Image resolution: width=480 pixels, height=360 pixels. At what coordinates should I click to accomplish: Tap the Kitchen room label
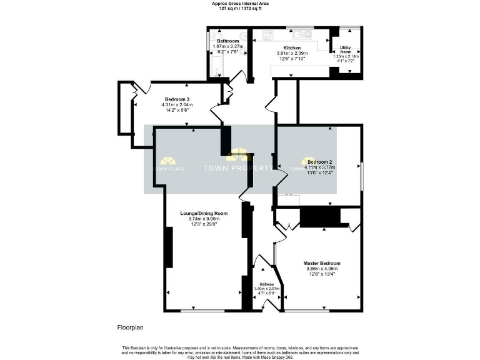tap(292, 47)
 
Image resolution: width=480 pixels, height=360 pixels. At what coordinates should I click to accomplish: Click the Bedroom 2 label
tap(321, 161)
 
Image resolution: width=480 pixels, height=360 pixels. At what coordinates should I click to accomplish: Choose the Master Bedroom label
tap(322, 263)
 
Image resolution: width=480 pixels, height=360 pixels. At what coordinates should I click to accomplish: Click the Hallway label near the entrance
tap(267, 284)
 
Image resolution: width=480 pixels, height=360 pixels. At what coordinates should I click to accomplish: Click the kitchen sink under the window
tap(304, 34)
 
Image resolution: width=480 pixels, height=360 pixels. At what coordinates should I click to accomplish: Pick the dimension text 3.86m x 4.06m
tap(322, 269)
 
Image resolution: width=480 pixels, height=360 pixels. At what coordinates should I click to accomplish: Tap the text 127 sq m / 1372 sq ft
tap(239, 9)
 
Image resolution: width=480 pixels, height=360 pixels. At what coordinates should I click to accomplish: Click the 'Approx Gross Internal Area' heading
tap(239, 4)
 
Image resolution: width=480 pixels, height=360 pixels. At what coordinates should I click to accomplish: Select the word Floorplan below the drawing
tap(130, 327)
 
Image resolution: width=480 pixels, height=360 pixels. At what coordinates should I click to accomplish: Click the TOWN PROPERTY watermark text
tap(238, 168)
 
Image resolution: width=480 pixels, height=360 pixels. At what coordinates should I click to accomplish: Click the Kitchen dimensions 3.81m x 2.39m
tap(292, 54)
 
